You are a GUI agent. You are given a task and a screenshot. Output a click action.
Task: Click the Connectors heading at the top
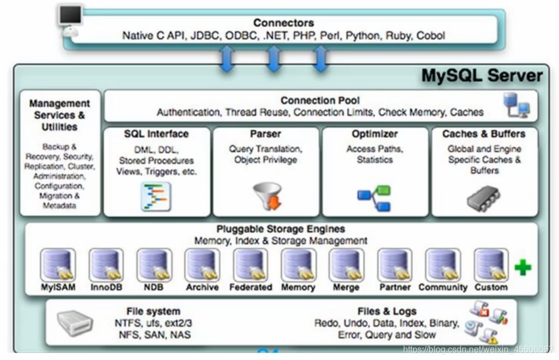tap(283, 23)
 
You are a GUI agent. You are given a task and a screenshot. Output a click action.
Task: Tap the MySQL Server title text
tap(482, 76)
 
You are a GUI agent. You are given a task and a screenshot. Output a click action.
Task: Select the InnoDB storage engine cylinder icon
tap(106, 265)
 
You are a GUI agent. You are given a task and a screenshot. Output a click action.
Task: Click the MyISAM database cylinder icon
tap(58, 265)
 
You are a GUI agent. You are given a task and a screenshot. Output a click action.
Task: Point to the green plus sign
tap(523, 268)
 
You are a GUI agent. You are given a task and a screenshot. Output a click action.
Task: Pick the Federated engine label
tap(250, 288)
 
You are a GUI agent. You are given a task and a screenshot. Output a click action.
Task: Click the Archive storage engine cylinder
tap(202, 265)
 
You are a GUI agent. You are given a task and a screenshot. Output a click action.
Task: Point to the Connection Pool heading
tap(320, 101)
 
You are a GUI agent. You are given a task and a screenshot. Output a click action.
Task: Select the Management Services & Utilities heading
tap(60, 115)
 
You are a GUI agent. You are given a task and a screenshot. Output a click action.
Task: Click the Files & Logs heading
tap(386, 311)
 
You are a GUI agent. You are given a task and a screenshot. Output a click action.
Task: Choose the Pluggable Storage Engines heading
tap(280, 229)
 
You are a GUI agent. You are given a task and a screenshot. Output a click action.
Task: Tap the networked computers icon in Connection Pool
tap(516, 105)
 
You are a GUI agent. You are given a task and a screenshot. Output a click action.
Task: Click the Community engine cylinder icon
tap(443, 265)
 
